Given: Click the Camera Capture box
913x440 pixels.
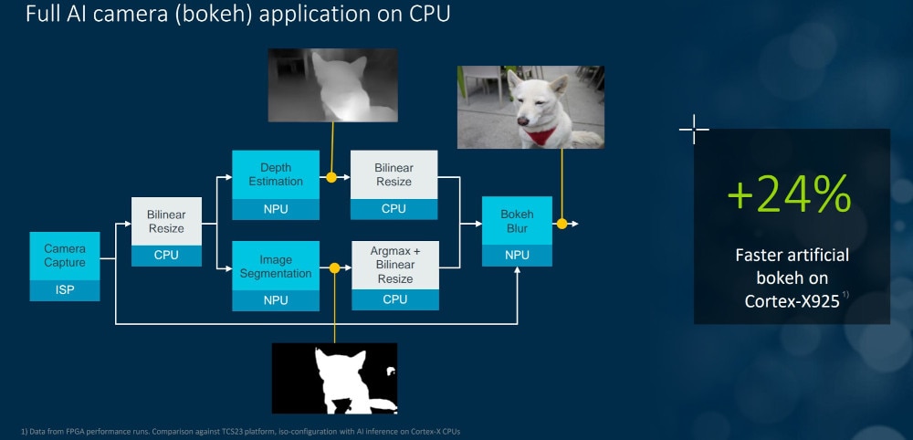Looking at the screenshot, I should coord(65,256).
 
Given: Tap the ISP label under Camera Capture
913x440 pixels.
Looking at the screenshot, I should coord(65,290).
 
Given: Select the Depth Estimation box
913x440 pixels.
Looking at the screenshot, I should coord(275,174).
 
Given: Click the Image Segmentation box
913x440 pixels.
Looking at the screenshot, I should coord(275,267).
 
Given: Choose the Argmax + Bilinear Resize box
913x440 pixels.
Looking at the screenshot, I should coord(394,265).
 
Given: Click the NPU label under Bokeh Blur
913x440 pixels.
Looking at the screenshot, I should coord(517,256).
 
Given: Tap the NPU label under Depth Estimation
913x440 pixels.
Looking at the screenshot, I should coord(275,209).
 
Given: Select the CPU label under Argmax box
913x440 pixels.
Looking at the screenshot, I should coord(394,299).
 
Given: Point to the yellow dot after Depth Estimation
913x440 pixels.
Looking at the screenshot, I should coord(332,176).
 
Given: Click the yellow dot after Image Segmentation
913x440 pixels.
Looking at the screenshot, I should coord(334,268).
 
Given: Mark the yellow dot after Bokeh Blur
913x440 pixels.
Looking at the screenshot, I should coord(561,223).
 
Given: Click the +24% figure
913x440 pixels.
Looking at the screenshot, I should coord(790,194).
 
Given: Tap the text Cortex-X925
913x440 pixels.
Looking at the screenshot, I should coord(790,300).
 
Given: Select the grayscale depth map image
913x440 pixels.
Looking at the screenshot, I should coord(332,85).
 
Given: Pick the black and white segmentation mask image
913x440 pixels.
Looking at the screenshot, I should coord(334,378).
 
